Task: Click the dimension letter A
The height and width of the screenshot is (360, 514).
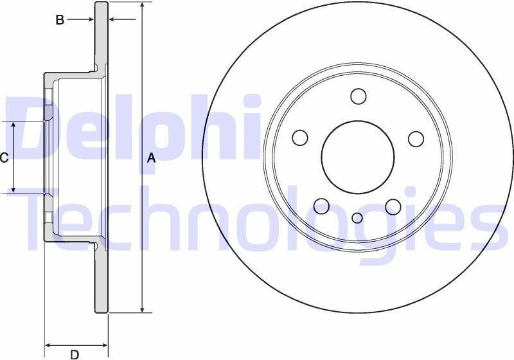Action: pos(151,158)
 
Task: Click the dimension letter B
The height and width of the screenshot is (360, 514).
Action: pos(60,20)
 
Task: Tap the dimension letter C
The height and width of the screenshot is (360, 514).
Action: pos(4,158)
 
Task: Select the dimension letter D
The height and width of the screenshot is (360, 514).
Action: pos(75,354)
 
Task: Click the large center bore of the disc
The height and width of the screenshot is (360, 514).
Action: pos(358,157)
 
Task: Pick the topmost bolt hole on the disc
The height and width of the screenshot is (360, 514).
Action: pos(359,96)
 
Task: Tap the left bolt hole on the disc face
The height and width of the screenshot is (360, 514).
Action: pos(299,138)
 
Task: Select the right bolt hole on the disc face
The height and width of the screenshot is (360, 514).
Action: pos(416,139)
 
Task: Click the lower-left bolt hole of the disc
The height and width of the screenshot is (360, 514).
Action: pos(321,206)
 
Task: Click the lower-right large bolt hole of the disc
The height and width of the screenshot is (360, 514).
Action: pos(393,206)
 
